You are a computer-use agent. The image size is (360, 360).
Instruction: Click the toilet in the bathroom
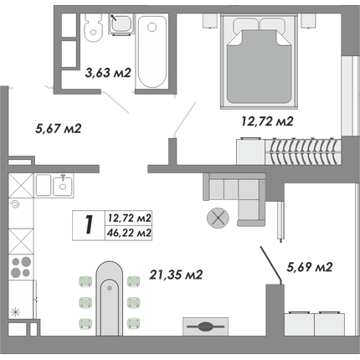pyautogui.click(x=93, y=28)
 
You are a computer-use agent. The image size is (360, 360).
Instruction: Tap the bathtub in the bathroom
pyautogui.click(x=152, y=51)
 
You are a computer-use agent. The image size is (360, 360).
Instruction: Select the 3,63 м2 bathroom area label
pyautogui.click(x=108, y=73)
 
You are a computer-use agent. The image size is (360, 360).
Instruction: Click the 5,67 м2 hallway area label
pyautogui.click(x=59, y=129)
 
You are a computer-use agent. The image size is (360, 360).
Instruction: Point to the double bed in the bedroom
pyautogui.click(x=260, y=61)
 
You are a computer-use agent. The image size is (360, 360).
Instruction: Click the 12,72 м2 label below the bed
pyautogui.click(x=267, y=121)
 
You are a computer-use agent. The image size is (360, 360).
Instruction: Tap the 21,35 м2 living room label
pyautogui.click(x=176, y=275)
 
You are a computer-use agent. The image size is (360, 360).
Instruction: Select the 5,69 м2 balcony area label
pyautogui.click(x=310, y=267)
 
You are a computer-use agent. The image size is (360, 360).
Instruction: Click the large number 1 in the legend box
pyautogui.click(x=89, y=225)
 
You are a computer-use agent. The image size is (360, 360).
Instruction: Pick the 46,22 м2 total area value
pyautogui.click(x=129, y=233)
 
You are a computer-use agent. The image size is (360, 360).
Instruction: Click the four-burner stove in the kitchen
pyautogui.click(x=21, y=267)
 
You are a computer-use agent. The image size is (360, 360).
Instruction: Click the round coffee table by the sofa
pyautogui.click(x=218, y=219)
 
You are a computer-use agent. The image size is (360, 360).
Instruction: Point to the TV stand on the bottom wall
pyautogui.click(x=206, y=327)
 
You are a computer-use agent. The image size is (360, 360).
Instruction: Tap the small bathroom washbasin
pyautogui.click(x=121, y=24)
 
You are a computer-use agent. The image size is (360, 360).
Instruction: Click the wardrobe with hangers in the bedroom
pyautogui.click(x=289, y=152)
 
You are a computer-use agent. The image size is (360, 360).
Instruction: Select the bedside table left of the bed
pyautogui.click(x=210, y=20)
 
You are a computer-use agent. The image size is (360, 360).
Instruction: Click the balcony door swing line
pyautogui.click(x=271, y=264)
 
